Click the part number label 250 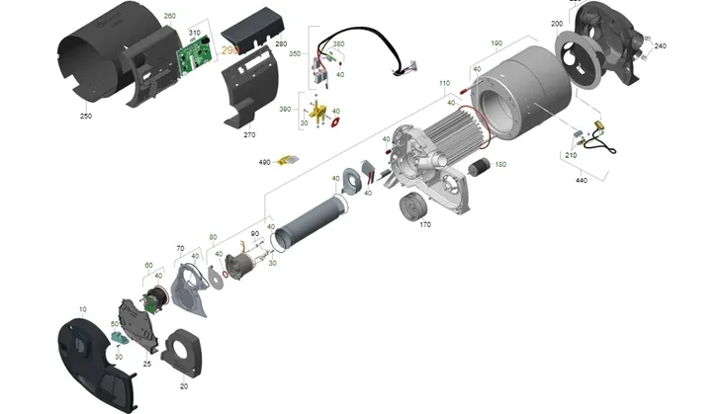tap(86, 115)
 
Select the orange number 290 tap(230, 49)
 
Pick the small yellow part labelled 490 tap(288, 160)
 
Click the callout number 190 tap(496, 43)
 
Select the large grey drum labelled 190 tap(524, 94)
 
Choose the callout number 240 tap(661, 45)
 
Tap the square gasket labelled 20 tap(183, 352)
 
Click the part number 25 tap(146, 364)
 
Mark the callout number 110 tap(444, 83)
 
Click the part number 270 tap(248, 134)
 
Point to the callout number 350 tap(294, 53)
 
